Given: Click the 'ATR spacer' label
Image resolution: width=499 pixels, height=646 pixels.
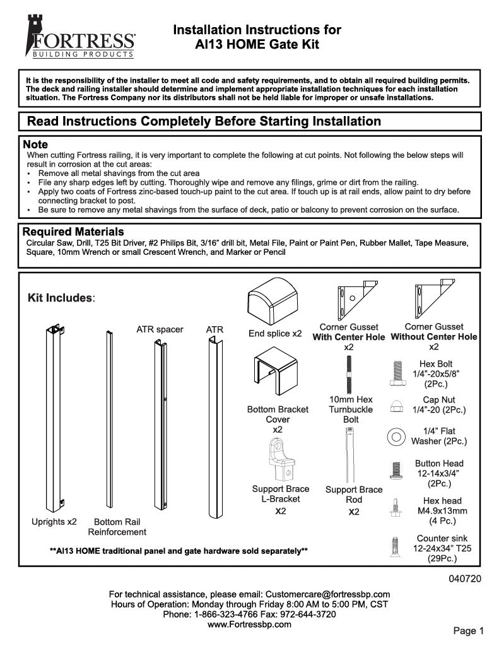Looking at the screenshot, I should pos(160,329).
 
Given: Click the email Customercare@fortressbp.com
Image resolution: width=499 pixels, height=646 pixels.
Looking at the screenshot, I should pos(327,594).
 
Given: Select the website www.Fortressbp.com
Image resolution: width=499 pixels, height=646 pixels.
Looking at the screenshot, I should pos(249,625).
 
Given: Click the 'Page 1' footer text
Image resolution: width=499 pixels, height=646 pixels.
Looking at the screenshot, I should pos(468,630).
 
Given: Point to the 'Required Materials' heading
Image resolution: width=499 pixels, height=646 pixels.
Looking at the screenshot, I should pos(73,232).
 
